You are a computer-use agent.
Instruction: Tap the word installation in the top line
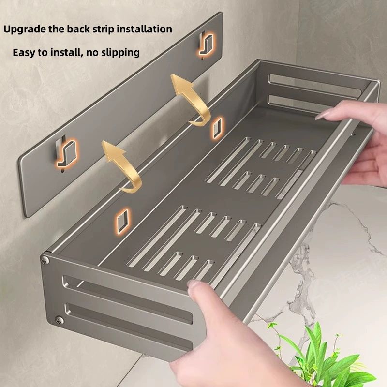[144, 29]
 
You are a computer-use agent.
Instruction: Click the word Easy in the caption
[24, 53]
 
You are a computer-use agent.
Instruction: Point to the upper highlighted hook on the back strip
[206, 45]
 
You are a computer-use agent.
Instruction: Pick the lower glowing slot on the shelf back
[122, 220]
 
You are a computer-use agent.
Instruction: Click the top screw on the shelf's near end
[45, 260]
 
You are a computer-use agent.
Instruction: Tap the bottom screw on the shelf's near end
[59, 320]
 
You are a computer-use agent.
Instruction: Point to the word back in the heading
[78, 29]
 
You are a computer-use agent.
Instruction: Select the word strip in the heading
[103, 30]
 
